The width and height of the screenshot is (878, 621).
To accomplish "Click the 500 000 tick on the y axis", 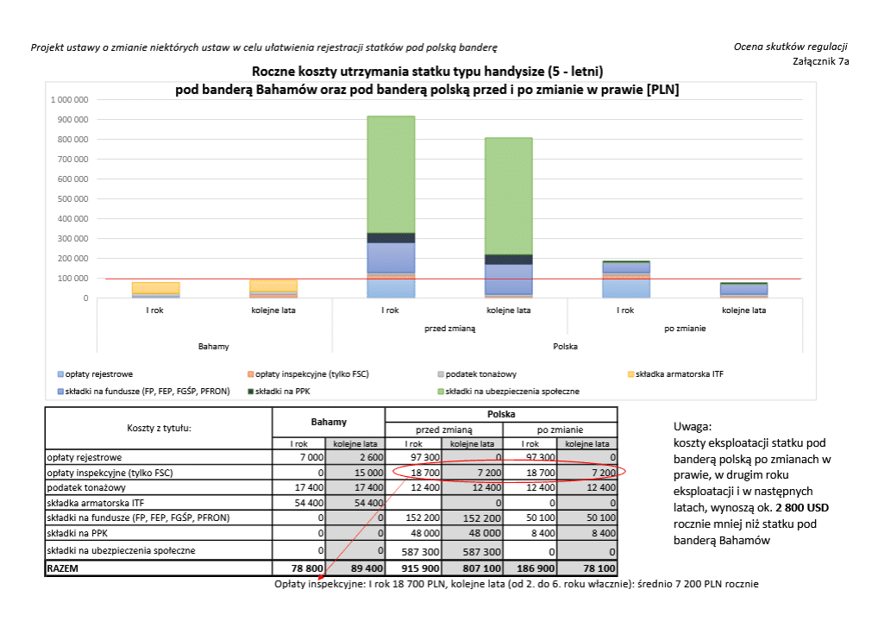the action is [x=72, y=198].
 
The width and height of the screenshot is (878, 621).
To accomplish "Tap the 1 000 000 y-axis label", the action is [x=70, y=100].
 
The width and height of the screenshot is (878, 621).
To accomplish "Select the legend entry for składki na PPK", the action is [x=279, y=392].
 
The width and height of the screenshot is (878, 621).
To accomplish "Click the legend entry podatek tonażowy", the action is [x=477, y=374].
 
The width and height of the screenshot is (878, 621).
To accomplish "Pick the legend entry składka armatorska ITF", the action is [x=676, y=374].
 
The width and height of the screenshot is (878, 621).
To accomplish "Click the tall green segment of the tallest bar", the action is [x=391, y=174].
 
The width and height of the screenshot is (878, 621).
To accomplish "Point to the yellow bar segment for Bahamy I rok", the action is [x=155, y=288].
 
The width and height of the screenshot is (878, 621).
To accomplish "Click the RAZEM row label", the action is [x=63, y=568].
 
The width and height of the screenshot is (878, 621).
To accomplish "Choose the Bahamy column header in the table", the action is [x=329, y=422].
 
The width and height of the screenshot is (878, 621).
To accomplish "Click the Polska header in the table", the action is [x=501, y=414].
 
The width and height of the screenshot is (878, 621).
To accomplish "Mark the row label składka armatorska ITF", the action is [x=96, y=503].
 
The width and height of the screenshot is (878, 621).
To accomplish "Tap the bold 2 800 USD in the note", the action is [x=802, y=508].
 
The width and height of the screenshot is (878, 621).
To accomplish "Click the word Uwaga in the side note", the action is [x=692, y=427].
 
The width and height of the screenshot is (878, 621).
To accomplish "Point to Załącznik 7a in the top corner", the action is [x=821, y=61].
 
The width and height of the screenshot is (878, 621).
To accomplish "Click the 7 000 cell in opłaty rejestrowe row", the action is [x=311, y=457].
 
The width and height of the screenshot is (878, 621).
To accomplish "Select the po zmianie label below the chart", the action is [x=685, y=328].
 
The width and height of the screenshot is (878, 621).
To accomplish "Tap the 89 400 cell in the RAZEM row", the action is [x=367, y=568].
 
